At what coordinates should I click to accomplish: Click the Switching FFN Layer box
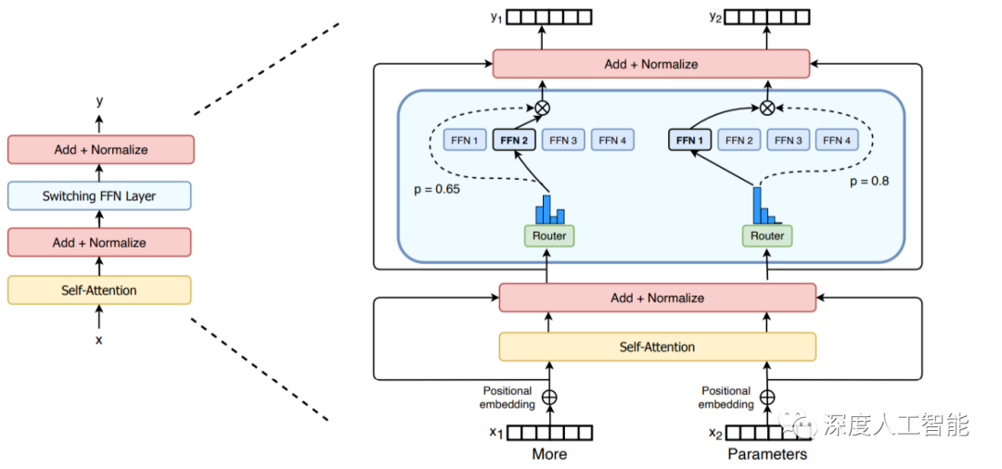(x=99, y=196)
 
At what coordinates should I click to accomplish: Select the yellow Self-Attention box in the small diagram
(x=99, y=290)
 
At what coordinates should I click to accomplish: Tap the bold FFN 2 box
(x=514, y=140)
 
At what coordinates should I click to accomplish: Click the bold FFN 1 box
(x=689, y=140)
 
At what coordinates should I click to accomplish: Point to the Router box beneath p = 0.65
(x=549, y=235)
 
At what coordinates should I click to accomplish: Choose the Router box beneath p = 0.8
(x=767, y=235)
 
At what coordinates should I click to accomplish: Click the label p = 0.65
(x=437, y=189)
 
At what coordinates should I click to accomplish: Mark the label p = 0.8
(x=869, y=182)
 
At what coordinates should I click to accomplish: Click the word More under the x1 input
(x=549, y=454)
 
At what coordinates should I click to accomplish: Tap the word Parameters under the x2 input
(x=767, y=454)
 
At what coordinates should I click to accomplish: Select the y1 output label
(x=496, y=16)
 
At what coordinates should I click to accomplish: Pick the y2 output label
(x=714, y=16)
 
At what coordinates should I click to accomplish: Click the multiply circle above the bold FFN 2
(x=543, y=108)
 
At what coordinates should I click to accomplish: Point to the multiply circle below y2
(x=767, y=108)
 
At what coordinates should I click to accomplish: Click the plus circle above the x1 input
(x=549, y=397)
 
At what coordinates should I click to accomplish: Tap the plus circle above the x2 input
(x=767, y=397)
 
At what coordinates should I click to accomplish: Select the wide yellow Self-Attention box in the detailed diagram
(x=657, y=347)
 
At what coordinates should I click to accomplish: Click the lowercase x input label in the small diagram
(x=99, y=340)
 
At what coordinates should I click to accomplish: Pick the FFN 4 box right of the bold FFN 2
(x=612, y=140)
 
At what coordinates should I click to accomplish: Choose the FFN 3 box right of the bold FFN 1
(x=788, y=140)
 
